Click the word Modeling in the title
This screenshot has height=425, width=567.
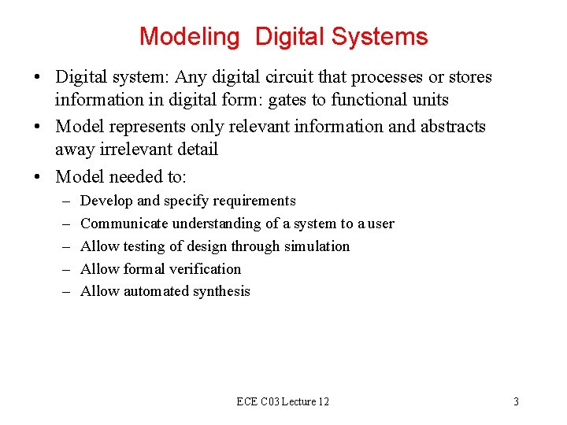click(189, 37)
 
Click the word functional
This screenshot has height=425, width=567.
click(374, 100)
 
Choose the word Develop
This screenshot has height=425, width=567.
click(107, 201)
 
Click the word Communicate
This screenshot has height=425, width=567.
click(120, 224)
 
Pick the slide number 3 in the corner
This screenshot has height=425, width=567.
click(516, 401)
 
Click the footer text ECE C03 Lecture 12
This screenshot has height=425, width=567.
click(283, 401)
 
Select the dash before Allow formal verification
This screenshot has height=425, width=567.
click(64, 268)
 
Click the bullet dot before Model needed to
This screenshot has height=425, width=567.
click(38, 176)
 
